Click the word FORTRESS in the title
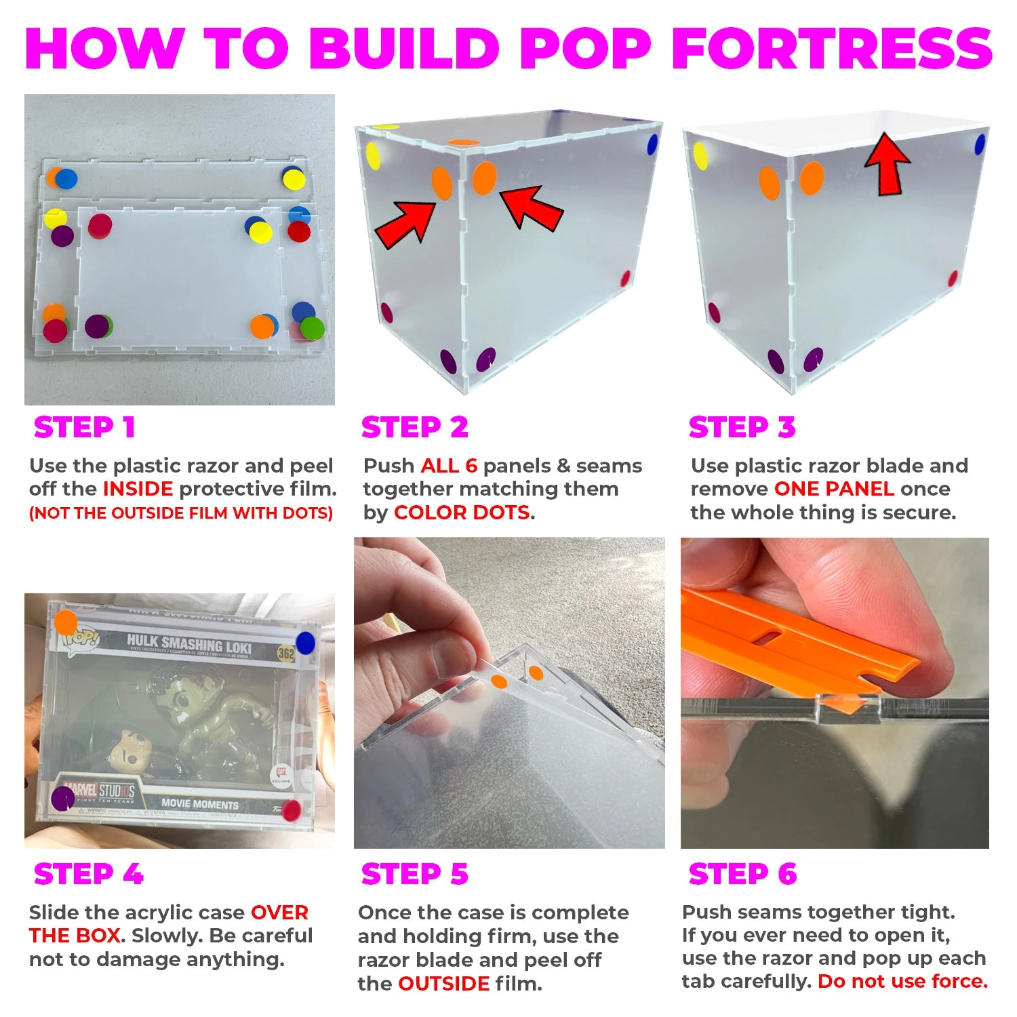833,48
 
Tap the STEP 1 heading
85,428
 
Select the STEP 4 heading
89,874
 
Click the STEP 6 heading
742,874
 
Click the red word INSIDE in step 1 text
138,489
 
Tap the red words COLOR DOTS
462,513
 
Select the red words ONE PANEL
834,489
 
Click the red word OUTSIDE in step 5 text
444,984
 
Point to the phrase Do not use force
902,981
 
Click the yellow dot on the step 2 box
373,157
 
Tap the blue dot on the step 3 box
980,144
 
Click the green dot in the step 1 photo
313,329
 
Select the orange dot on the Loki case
66,622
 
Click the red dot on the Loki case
291,811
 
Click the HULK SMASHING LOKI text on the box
189,644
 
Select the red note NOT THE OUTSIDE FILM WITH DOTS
181,513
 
